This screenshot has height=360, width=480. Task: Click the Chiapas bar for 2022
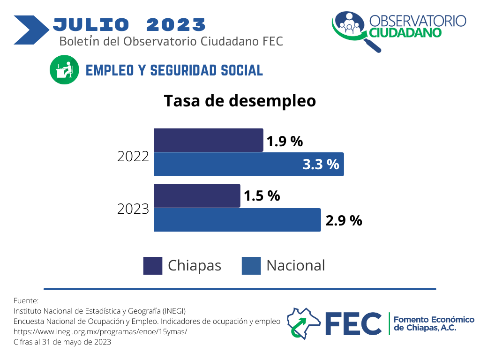tap(209, 140)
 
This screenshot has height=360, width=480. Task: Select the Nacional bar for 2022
tap(249, 165)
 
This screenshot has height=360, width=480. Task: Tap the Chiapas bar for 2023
tap(197, 195)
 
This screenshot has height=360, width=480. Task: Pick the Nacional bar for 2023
tap(237, 220)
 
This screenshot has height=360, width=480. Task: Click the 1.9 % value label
tap(285, 142)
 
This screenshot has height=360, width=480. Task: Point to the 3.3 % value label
tap(321, 165)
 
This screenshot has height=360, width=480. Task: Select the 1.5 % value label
tap(262, 196)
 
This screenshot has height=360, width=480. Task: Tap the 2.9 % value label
tap(344, 221)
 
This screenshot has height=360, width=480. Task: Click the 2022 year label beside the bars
tap(133, 157)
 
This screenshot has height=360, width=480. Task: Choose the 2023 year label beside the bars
tap(133, 209)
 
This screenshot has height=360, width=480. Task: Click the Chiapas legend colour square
tap(153, 266)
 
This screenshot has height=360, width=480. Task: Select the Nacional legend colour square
tap(251, 266)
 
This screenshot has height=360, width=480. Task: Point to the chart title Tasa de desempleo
tap(240, 101)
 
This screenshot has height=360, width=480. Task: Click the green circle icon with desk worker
tap(64, 70)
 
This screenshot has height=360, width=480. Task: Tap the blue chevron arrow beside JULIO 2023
tap(31, 30)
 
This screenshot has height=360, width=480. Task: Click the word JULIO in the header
tap(91, 24)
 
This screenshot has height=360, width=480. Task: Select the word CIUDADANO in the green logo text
tap(405, 33)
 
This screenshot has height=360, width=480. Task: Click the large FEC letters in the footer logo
tap(353, 323)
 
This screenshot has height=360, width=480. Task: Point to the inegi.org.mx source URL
tap(100, 331)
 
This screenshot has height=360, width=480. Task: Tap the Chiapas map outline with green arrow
tap(304, 323)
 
